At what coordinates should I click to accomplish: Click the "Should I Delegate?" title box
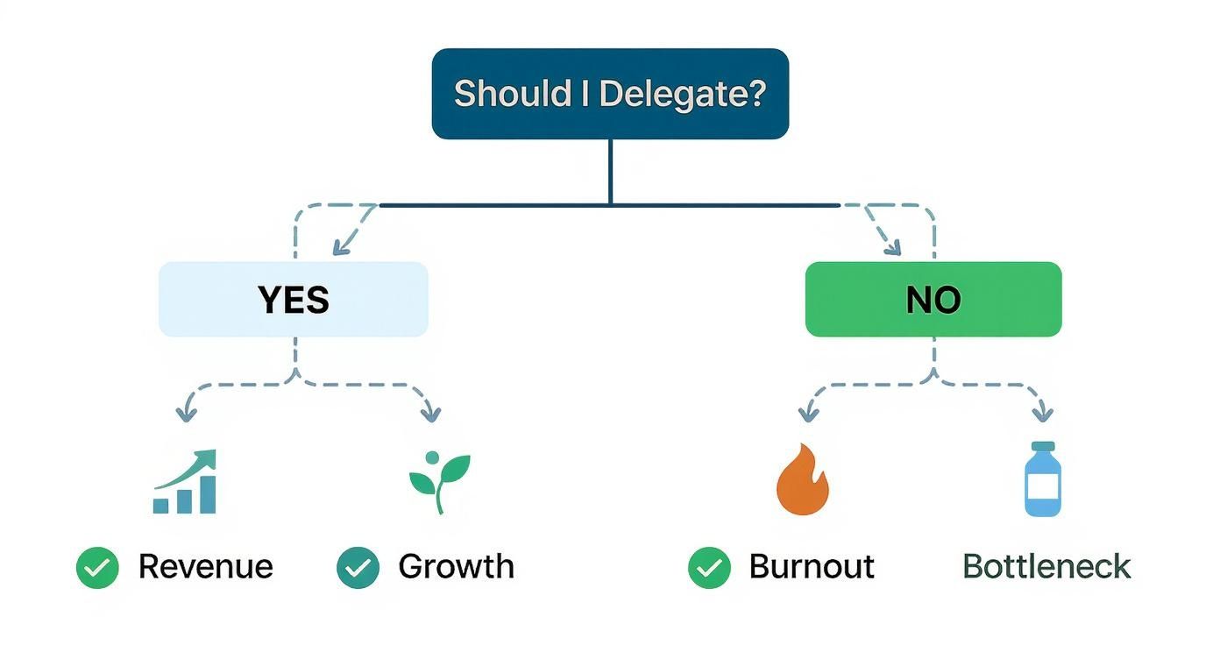click(610, 94)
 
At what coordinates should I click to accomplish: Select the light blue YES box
click(293, 299)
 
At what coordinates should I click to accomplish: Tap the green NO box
click(933, 299)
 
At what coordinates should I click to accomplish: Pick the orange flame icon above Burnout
click(802, 480)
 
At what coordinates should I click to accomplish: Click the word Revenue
click(206, 567)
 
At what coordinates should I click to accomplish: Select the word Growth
click(456, 567)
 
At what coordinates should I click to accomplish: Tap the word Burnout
click(812, 567)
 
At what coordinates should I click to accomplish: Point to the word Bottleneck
click(1046, 567)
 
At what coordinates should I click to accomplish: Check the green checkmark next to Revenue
click(97, 568)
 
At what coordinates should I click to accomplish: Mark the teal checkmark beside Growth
click(358, 568)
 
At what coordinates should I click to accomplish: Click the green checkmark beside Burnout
click(709, 568)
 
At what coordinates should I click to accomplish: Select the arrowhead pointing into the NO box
click(891, 247)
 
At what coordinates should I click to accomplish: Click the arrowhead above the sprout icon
click(429, 413)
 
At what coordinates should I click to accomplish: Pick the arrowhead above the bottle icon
click(1041, 413)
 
